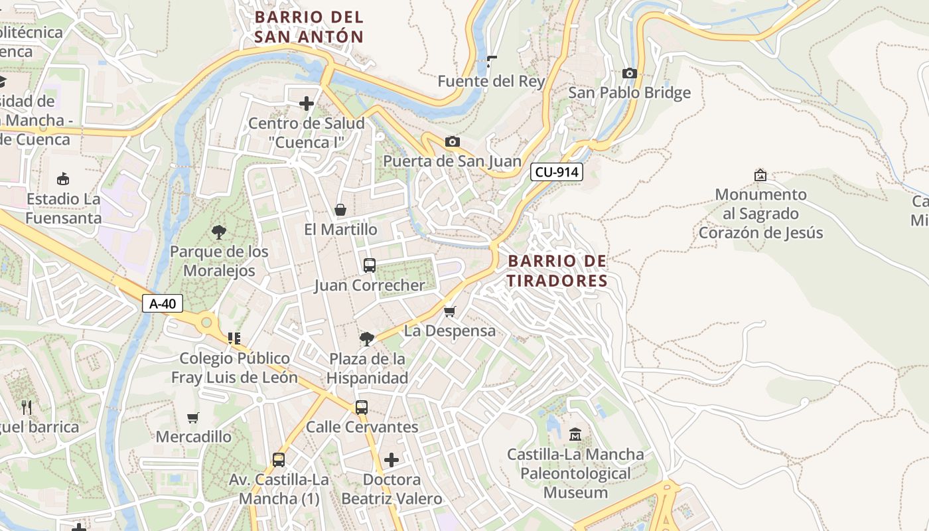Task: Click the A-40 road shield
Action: click(x=163, y=304)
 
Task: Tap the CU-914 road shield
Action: click(x=557, y=173)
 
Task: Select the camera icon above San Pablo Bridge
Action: click(x=630, y=74)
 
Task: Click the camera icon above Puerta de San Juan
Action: click(x=453, y=142)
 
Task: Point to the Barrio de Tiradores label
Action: click(x=557, y=271)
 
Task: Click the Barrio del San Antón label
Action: click(x=309, y=27)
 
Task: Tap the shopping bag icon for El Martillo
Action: click(x=340, y=210)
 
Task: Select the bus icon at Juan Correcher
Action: click(x=370, y=265)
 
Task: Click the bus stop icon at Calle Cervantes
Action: click(x=362, y=408)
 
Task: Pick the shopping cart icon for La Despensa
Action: click(x=450, y=311)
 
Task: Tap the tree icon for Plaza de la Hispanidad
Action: click(x=366, y=339)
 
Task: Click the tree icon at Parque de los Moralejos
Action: click(x=219, y=232)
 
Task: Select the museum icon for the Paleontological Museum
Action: click(x=575, y=435)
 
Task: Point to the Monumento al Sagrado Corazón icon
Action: click(x=760, y=175)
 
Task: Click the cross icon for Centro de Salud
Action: click(x=307, y=104)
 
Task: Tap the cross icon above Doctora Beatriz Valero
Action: click(x=392, y=459)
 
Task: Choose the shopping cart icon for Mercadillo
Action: click(x=193, y=417)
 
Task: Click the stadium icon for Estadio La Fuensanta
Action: click(x=63, y=179)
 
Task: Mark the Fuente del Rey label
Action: click(x=491, y=82)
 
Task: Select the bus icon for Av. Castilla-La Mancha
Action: click(x=279, y=459)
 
